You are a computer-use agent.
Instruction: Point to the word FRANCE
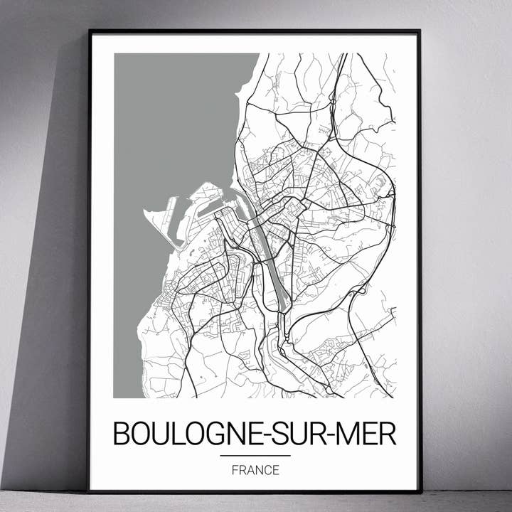[x=255, y=470]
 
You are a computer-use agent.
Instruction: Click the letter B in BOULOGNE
[x=122, y=434]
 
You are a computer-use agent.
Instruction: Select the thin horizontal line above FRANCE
[x=255, y=455]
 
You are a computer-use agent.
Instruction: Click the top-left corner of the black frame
[x=90, y=31]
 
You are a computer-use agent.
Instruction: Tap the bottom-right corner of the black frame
[x=420, y=491]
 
